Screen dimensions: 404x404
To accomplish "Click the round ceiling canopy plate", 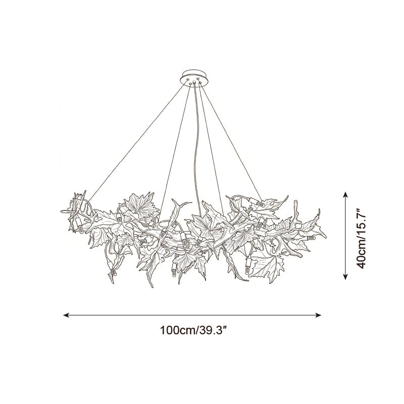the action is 195,77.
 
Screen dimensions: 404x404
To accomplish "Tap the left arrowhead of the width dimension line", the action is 66,315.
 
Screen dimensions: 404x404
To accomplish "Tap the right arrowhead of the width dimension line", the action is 318,315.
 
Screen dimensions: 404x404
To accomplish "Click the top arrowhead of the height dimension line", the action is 345,194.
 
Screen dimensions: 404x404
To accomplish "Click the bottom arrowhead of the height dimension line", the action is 345,276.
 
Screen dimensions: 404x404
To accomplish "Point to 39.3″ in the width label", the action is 213,330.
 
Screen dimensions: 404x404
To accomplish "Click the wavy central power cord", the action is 196,149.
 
